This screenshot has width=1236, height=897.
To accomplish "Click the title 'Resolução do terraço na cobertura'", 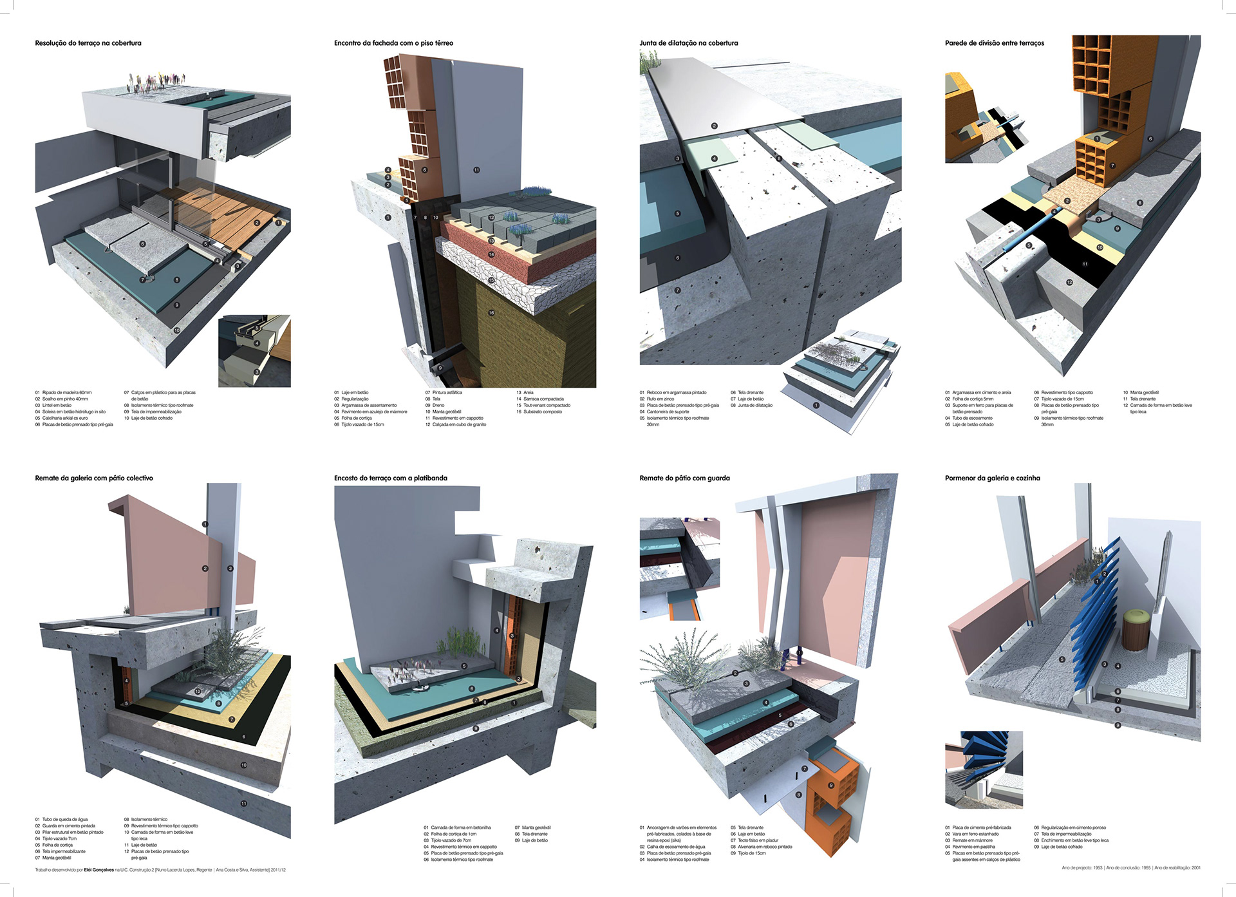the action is click(x=88, y=43).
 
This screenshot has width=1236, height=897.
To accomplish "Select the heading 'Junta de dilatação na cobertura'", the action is click(x=688, y=43).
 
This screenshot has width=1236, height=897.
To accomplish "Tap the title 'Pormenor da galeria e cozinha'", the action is click(x=992, y=478).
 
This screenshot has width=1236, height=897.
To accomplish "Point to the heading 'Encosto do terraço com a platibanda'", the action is click(x=390, y=478).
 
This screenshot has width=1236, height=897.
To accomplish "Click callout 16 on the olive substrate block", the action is click(x=491, y=313).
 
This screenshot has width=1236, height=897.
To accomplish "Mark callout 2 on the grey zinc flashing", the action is click(x=714, y=126).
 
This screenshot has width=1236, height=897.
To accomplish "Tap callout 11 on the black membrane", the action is click(x=1085, y=264).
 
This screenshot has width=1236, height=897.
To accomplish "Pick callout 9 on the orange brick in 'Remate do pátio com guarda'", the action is click(x=831, y=785).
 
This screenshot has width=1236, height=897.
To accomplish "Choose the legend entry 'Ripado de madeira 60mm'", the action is click(x=66, y=392).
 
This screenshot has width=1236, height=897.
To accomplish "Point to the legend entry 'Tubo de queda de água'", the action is click(x=64, y=819).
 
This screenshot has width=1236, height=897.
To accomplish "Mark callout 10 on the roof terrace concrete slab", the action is click(x=177, y=330).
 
